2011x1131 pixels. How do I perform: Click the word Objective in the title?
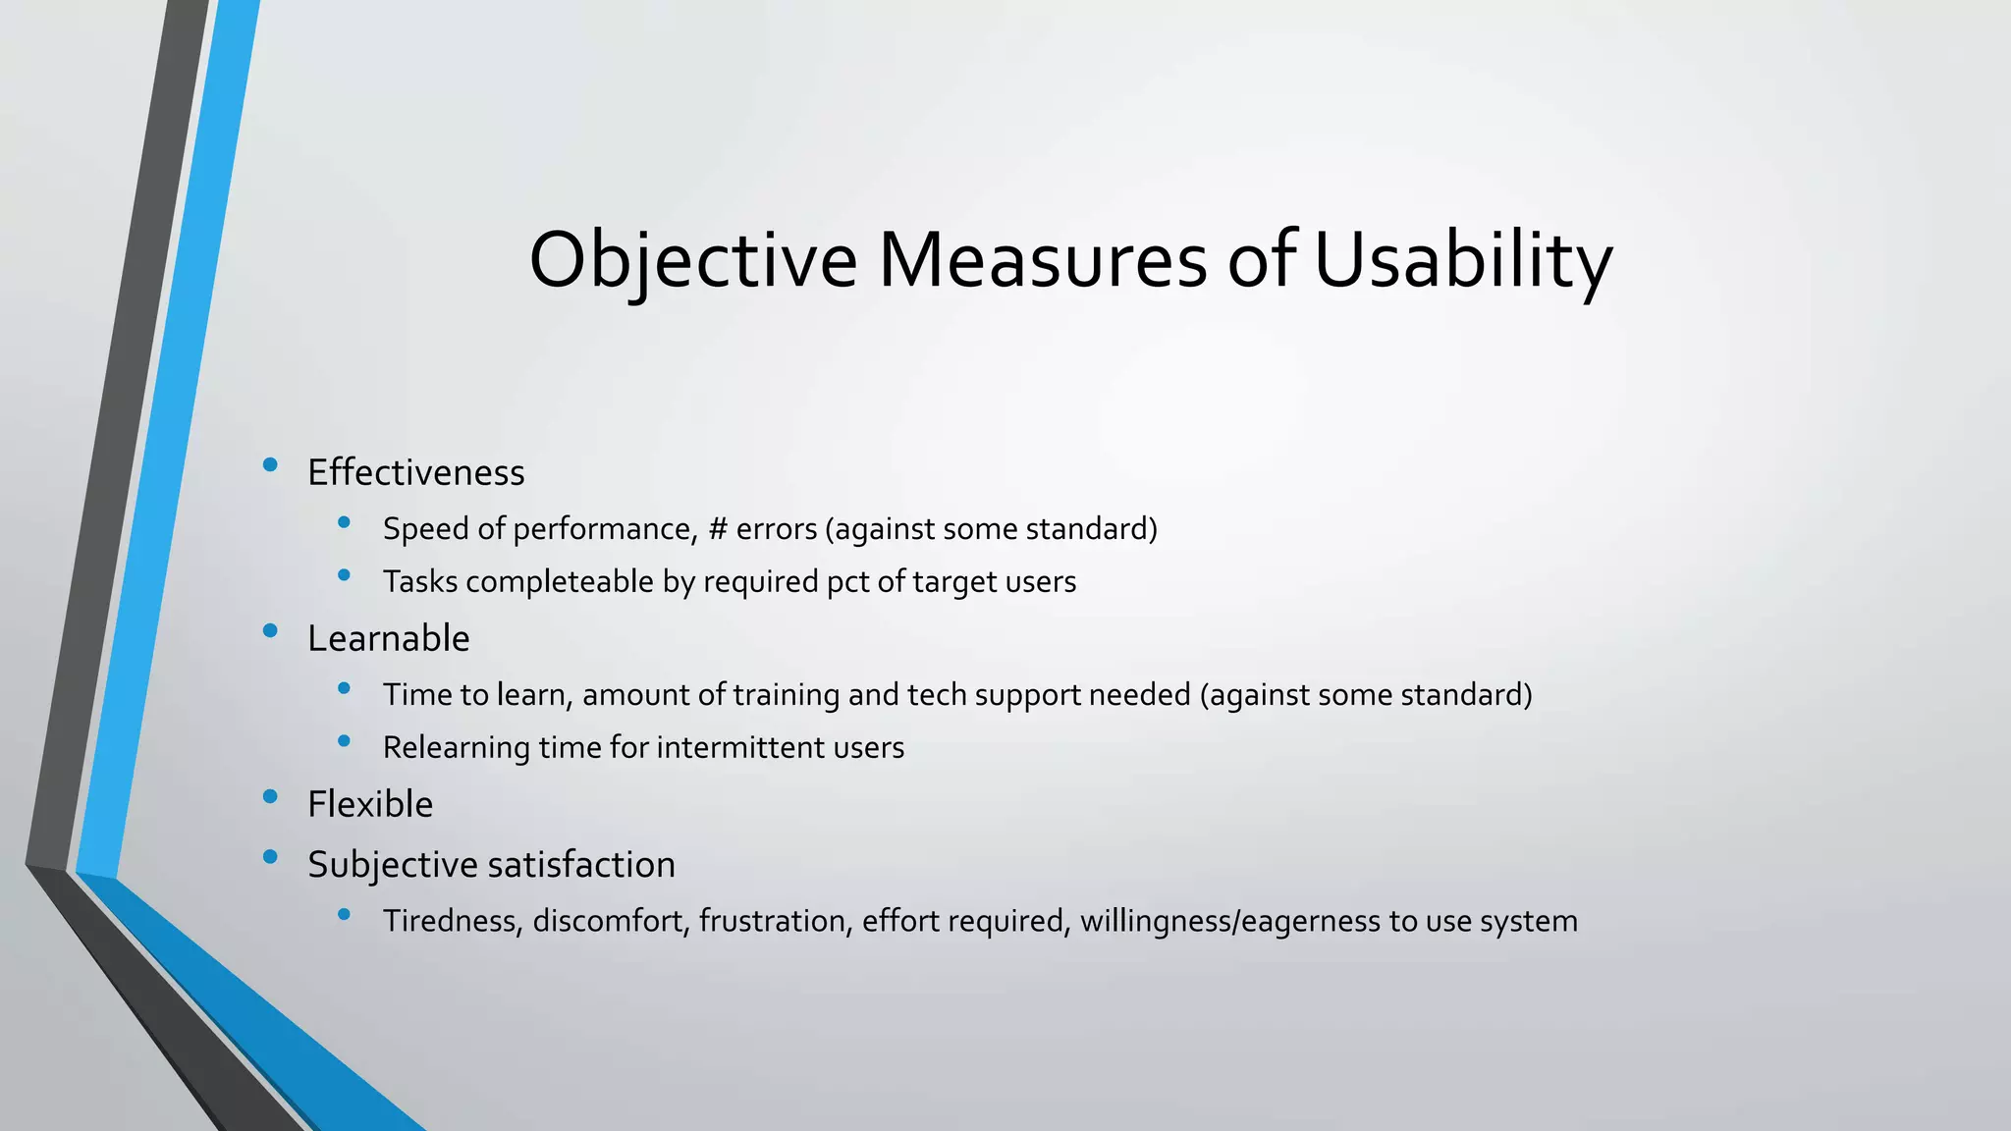[x=692, y=260]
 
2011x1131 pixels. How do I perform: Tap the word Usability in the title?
[x=1462, y=260]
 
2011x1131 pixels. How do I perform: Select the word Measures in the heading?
[x=1042, y=260]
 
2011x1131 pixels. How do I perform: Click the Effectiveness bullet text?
[x=415, y=472]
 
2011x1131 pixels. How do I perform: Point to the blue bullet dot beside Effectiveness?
[x=270, y=465]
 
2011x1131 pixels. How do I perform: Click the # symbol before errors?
[x=718, y=529]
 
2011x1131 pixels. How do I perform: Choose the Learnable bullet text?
[x=388, y=638]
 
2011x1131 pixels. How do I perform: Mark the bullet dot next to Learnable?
[x=270, y=631]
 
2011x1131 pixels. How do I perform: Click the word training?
[x=786, y=695]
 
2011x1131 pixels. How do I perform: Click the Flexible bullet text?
[x=369, y=804]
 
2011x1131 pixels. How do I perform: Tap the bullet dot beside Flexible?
[x=270, y=797]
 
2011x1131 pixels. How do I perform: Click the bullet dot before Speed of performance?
[x=344, y=523]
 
